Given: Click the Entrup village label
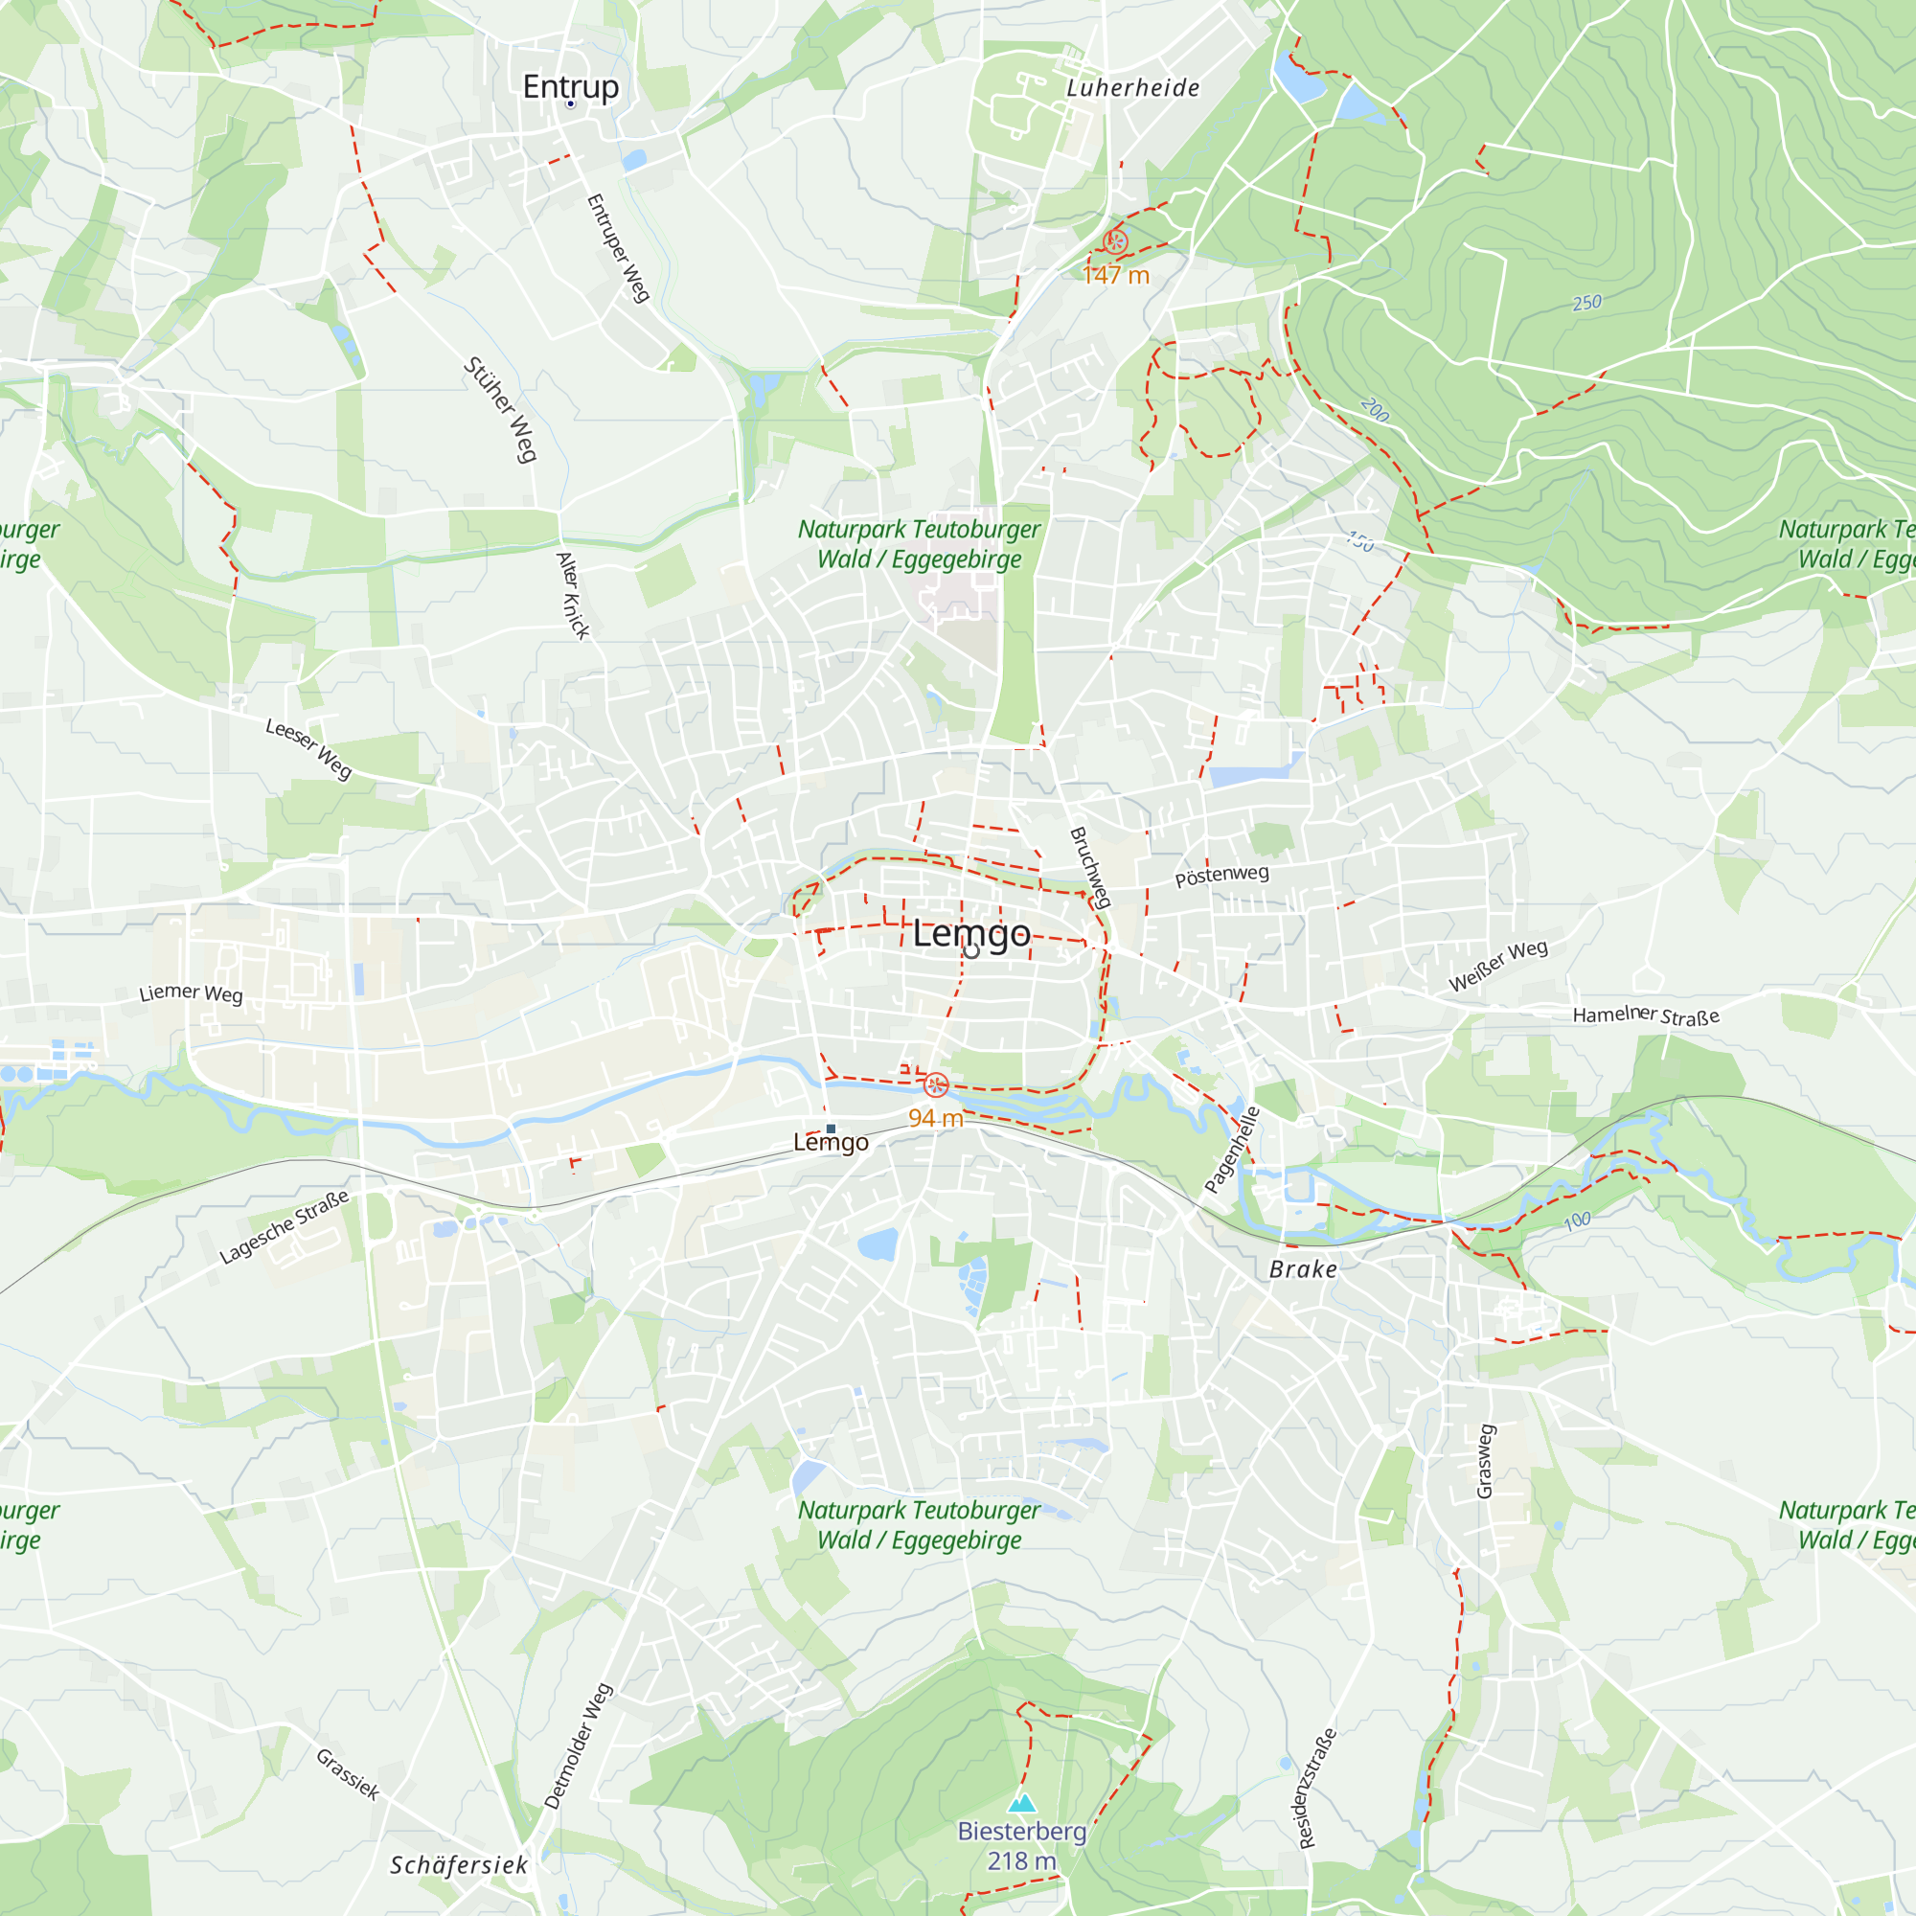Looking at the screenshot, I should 570,86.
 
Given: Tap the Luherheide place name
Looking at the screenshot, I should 1132,88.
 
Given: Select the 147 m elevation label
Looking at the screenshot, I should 1115,275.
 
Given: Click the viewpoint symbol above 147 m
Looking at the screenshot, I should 1115,242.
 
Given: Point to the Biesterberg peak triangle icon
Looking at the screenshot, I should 1021,1802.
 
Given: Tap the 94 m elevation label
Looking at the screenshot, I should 935,1118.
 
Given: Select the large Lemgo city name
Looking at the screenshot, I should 970,933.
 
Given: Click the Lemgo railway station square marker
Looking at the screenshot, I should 831,1129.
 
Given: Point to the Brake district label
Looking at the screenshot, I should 1303,1269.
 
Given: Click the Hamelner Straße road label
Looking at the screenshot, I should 1645,1015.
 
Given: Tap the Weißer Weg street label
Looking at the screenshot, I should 1497,965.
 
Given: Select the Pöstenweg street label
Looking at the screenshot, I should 1220,876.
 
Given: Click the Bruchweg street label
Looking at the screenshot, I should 1090,867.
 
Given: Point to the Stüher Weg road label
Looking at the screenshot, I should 500,410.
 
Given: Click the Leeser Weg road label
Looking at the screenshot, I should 308,749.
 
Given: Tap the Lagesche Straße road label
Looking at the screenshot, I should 285,1227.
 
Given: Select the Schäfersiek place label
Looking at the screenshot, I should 458,1864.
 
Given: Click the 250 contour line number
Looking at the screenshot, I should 1586,303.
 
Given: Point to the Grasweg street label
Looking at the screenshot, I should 1485,1461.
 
